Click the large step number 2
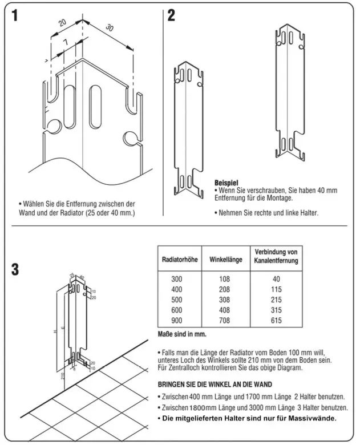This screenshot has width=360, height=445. (171, 15)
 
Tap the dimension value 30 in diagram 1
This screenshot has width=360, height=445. (110, 29)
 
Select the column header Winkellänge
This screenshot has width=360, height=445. (224, 260)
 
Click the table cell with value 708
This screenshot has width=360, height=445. (224, 321)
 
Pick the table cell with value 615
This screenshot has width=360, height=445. (276, 321)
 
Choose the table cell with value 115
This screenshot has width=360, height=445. (276, 290)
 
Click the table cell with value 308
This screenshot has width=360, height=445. (224, 301)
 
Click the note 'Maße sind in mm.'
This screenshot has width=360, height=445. (181, 334)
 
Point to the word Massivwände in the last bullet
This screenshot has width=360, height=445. (313, 418)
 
